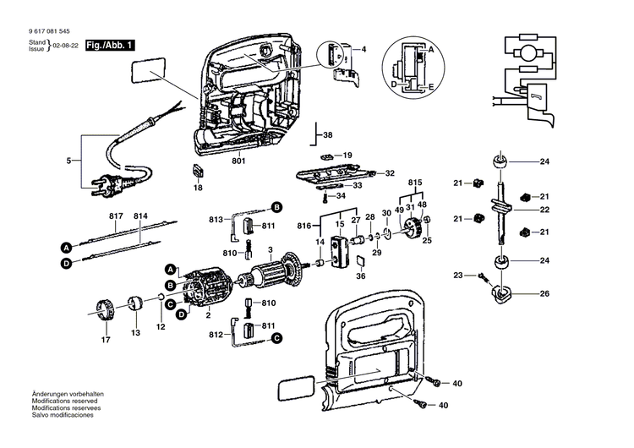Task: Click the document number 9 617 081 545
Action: tap(49, 32)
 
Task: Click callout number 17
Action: tap(107, 340)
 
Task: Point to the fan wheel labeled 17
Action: tap(105, 309)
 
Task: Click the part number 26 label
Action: tap(544, 294)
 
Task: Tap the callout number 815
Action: tap(415, 183)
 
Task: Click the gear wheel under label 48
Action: tap(413, 227)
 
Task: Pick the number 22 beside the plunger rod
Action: tap(544, 210)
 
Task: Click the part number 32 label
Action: tap(390, 173)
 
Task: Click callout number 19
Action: tap(347, 156)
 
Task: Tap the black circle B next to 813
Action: tap(276, 207)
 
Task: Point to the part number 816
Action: tap(303, 227)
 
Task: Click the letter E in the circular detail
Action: tap(432, 87)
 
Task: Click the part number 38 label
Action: tap(328, 135)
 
